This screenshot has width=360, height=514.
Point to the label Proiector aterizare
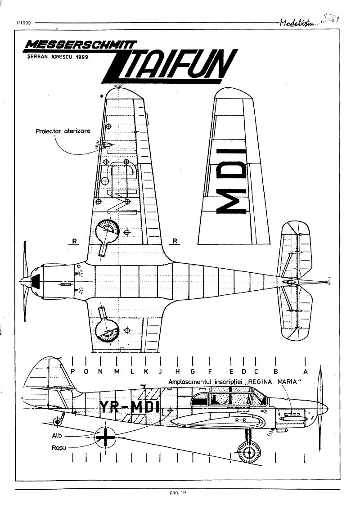click(x=63, y=131)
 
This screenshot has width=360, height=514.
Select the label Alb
click(x=57, y=436)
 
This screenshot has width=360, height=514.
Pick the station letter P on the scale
click(x=73, y=371)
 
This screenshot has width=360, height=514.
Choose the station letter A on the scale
click(x=306, y=371)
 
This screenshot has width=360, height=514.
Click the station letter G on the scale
click(x=192, y=371)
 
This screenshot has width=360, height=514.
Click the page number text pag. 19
click(x=178, y=492)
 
